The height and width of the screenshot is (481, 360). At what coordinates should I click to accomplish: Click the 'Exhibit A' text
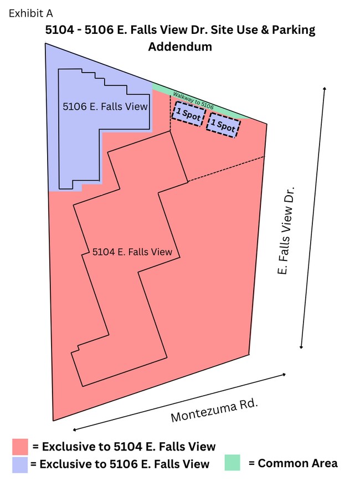point(30,13)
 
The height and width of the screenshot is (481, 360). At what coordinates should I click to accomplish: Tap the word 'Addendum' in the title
point(181,47)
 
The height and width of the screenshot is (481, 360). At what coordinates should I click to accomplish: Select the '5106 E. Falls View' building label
point(105,106)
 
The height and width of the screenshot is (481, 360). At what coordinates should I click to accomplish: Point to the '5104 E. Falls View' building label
point(132,252)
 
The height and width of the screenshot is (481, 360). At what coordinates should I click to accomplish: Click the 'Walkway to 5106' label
point(193,100)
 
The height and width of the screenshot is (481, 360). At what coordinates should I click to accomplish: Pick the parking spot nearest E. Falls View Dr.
point(223,125)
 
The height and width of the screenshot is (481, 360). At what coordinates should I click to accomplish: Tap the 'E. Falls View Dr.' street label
point(285,230)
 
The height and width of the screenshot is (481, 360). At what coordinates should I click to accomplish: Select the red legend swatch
point(20,447)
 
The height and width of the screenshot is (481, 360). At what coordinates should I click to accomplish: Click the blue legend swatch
point(20,465)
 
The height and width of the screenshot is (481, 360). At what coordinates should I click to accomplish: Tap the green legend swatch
point(233,463)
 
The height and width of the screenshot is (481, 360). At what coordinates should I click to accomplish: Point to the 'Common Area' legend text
point(297,463)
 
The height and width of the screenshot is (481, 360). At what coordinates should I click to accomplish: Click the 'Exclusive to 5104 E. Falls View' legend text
point(129,447)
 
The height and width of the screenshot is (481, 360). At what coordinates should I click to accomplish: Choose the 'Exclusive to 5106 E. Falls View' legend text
point(125,464)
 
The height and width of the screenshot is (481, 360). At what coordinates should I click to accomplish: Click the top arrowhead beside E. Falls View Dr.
point(325,89)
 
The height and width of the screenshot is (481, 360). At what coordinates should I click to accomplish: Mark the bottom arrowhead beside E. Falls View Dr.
point(301,347)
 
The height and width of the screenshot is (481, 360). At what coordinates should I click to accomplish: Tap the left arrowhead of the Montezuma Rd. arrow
point(74,429)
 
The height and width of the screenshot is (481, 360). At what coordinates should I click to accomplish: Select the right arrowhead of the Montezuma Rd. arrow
point(284,374)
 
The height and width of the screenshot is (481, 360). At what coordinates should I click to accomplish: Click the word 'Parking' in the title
point(294,30)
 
